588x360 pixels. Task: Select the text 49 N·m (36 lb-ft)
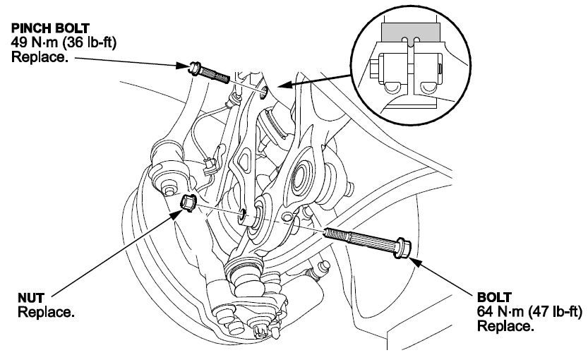(64, 42)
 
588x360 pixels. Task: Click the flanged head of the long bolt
(404, 248)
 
